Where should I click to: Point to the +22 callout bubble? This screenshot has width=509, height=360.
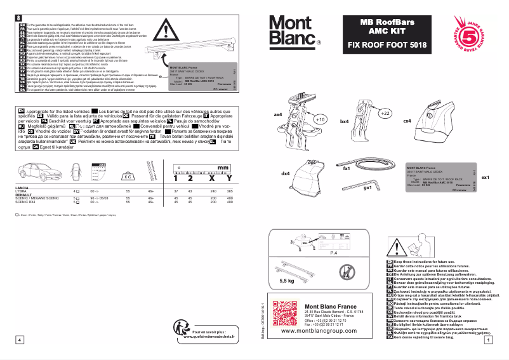coord(384,114)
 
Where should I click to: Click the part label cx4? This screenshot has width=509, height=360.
coord(407,120)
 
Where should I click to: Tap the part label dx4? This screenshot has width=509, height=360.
coord(285,173)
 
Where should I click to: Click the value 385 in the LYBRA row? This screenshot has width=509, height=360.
coord(230,190)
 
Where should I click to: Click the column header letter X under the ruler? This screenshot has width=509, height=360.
coord(207,178)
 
